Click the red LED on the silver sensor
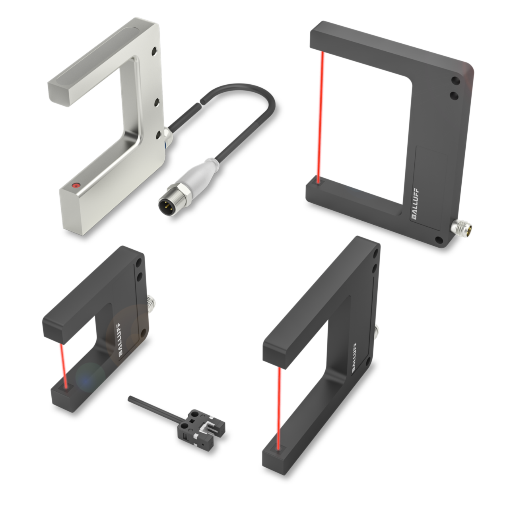[x=76, y=185]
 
